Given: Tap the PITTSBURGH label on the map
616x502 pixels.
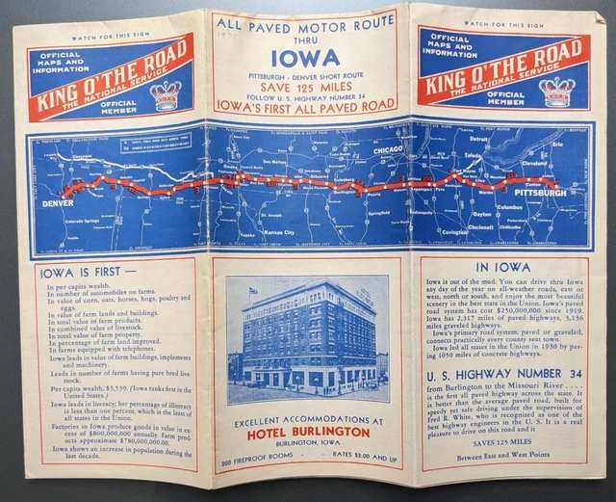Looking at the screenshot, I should pyautogui.click(x=541, y=193).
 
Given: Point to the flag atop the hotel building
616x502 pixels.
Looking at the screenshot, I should pyautogui.click(x=254, y=288).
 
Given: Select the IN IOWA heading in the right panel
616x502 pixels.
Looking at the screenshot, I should pyautogui.click(x=498, y=269).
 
